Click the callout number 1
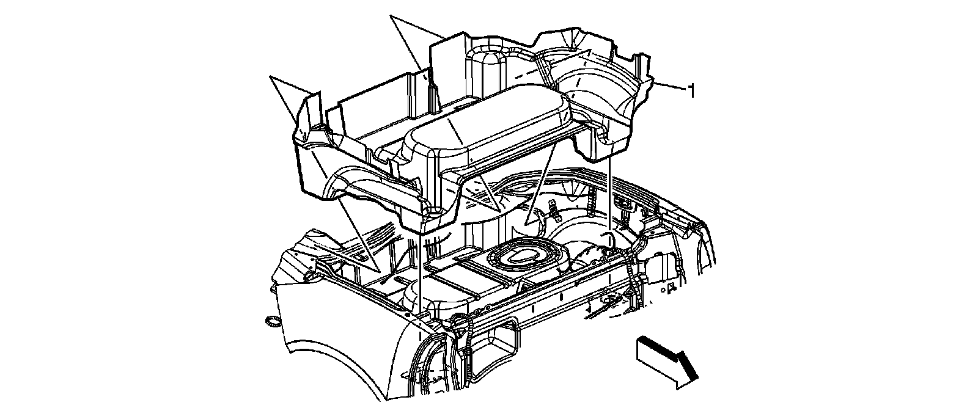pos(691,92)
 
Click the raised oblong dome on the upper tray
pos(483,122)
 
